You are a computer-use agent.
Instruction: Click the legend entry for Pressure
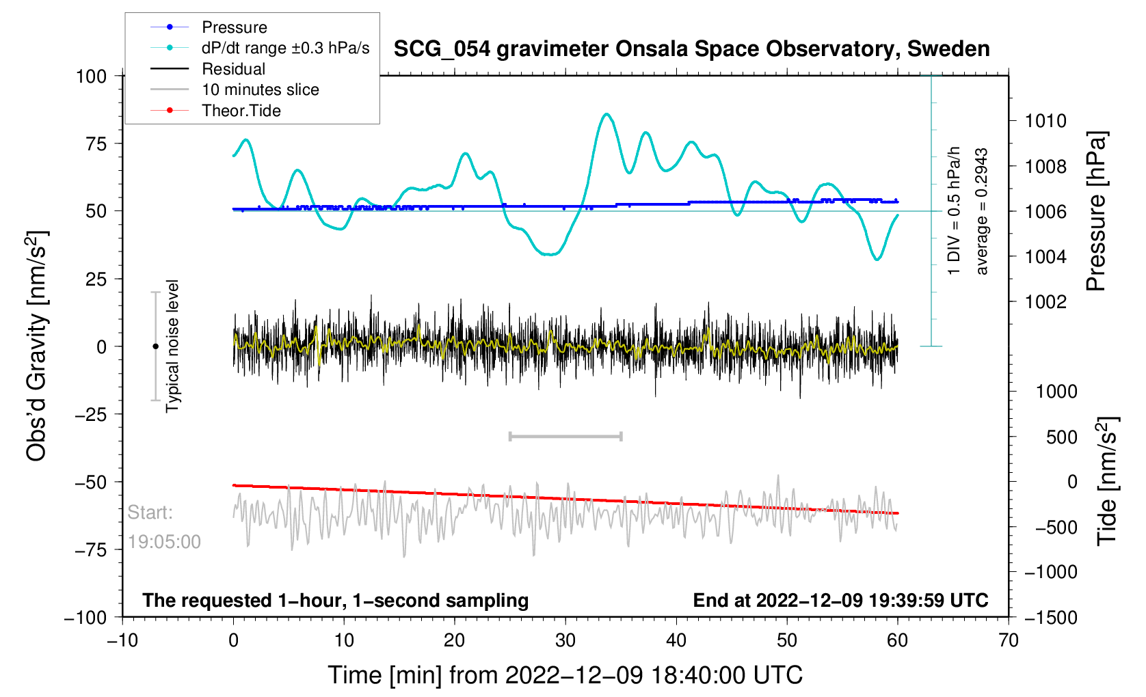[x=234, y=27]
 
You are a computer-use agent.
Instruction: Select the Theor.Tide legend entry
[x=241, y=111]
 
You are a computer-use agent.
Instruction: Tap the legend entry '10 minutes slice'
[x=260, y=90]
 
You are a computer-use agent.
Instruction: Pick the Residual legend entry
[x=233, y=69]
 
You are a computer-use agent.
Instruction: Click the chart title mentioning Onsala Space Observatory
[x=691, y=49]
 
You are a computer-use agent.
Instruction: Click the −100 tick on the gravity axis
[x=86, y=618]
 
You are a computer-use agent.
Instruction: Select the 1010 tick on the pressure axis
[x=1045, y=122]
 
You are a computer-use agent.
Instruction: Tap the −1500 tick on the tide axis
[x=1050, y=618]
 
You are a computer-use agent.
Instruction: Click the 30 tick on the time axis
[x=565, y=640]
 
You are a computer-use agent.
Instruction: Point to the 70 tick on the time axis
[x=1008, y=640]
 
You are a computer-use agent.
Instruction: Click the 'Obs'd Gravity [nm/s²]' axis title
[x=37, y=346]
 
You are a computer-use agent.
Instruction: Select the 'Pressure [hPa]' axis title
[x=1096, y=211]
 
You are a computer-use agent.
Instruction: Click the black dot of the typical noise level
[x=155, y=346]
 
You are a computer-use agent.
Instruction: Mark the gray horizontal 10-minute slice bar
[x=565, y=436]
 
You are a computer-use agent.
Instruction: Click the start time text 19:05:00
[x=164, y=542]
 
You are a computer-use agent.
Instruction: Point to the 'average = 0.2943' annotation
[x=982, y=211]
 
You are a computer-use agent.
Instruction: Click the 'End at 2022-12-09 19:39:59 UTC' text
[x=840, y=601]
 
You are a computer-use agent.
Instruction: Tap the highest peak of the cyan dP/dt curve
[x=606, y=114]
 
